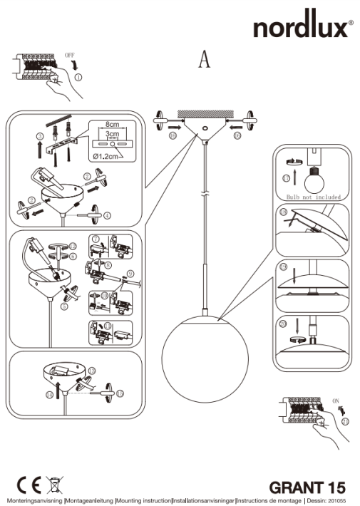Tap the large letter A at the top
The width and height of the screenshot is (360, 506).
[204, 61]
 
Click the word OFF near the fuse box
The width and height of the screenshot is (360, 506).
[69, 54]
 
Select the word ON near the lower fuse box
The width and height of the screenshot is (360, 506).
[336, 402]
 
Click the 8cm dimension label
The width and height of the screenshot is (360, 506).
[113, 123]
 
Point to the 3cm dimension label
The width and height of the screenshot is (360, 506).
[113, 133]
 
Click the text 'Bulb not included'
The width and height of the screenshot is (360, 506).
[312, 196]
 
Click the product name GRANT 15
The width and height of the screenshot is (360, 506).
[307, 487]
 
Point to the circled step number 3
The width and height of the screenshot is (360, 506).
[40, 135]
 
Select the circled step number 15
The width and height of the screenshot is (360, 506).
[119, 393]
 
